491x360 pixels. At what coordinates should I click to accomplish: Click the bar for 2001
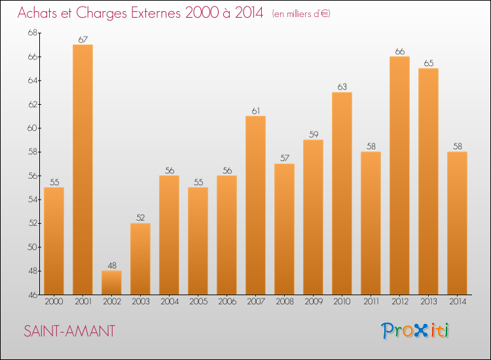point(82,170)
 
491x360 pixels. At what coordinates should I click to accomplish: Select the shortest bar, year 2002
point(111,283)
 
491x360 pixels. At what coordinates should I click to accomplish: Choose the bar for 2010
point(342,193)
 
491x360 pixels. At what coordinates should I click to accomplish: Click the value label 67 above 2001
point(82,40)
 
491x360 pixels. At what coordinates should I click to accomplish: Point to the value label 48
point(111,266)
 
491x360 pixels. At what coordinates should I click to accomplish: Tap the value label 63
point(342,87)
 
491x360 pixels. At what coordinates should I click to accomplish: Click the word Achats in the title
point(40,13)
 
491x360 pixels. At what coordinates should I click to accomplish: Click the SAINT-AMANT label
point(69,331)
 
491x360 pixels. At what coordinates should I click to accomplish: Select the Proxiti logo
point(416,331)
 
